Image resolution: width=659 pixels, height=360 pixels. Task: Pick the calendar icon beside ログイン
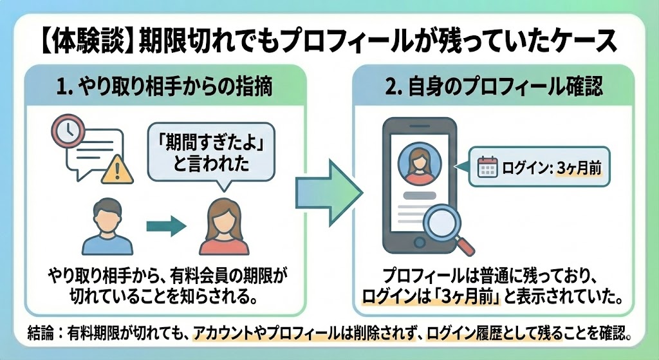click(488, 167)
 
